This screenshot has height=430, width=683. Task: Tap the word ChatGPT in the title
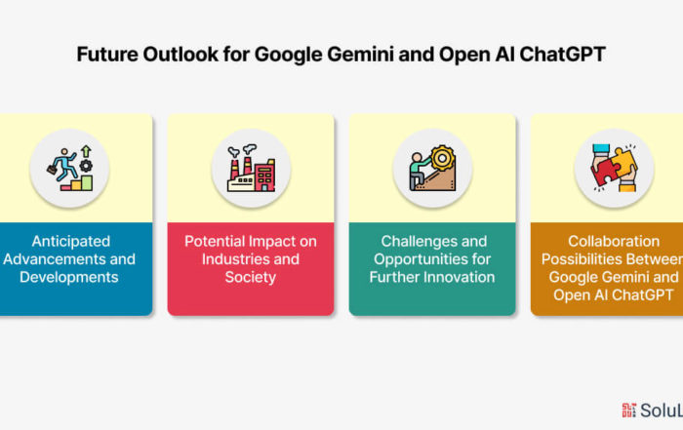tap(562, 55)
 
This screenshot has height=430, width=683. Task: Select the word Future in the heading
tap(107, 55)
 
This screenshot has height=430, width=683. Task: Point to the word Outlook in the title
tap(181, 55)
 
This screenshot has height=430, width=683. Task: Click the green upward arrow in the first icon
tap(86, 151)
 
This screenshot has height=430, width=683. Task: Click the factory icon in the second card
tap(252, 169)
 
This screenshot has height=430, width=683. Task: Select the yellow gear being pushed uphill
tap(443, 158)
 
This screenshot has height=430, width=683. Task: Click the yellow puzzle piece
tap(624, 161)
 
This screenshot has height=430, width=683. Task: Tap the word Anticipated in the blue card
tap(71, 242)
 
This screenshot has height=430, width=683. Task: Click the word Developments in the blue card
tap(69, 277)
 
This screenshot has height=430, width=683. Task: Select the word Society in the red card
tap(251, 277)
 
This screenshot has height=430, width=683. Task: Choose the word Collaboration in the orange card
tap(614, 242)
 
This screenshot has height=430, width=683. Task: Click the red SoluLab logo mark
tap(628, 410)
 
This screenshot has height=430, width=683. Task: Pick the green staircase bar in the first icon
tap(87, 182)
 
